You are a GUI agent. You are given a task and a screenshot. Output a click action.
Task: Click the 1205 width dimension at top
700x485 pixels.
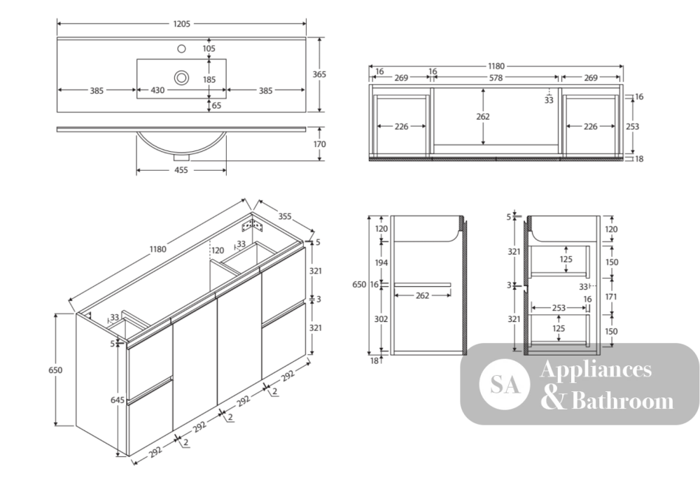pyautogui.click(x=181, y=24)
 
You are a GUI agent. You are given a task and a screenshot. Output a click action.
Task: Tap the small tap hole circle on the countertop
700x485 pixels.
pyautogui.click(x=182, y=48)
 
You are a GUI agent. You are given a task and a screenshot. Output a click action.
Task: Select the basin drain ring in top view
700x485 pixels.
pyautogui.click(x=181, y=78)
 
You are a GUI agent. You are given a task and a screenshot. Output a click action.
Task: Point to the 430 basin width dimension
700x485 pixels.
pyautogui.click(x=157, y=90)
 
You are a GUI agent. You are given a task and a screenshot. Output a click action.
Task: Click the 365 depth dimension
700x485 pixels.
pyautogui.click(x=319, y=74)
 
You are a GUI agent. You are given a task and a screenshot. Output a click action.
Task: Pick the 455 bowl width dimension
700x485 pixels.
pyautogui.click(x=181, y=170)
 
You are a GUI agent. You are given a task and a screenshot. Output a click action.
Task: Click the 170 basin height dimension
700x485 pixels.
pyautogui.click(x=319, y=144)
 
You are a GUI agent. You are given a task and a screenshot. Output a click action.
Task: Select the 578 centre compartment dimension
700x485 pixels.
pyautogui.click(x=496, y=78)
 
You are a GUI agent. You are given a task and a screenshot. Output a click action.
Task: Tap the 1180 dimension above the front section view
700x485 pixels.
pyautogui.click(x=496, y=66)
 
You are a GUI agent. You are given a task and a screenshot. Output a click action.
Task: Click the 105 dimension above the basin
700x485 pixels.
pyautogui.click(x=209, y=48)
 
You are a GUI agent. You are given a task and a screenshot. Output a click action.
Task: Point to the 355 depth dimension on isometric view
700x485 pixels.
pyautogui.click(x=285, y=216)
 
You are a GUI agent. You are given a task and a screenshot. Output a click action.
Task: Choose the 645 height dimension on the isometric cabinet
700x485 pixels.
pyautogui.click(x=118, y=400)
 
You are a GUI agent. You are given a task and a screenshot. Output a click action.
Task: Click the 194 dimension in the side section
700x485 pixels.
pyautogui.click(x=381, y=263)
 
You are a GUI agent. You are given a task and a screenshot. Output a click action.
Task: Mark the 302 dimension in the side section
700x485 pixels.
pyautogui.click(x=381, y=319)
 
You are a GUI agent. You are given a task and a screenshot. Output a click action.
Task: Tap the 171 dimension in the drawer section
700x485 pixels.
pyautogui.click(x=612, y=296)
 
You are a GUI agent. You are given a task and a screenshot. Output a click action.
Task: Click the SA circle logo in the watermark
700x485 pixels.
pyautogui.click(x=505, y=384)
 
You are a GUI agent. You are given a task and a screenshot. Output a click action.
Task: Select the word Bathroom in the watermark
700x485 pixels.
pyautogui.click(x=622, y=400)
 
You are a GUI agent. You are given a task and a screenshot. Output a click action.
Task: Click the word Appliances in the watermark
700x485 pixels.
pyautogui.click(x=596, y=370)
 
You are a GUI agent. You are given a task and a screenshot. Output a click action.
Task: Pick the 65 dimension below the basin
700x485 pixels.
pyautogui.click(x=216, y=106)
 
